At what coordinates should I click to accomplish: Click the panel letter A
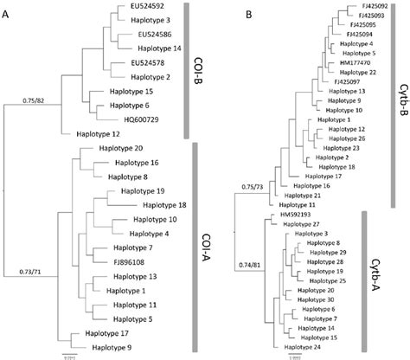[8, 13]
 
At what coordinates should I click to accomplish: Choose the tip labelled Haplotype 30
[319, 299]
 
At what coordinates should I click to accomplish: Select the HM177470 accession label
[344, 62]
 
